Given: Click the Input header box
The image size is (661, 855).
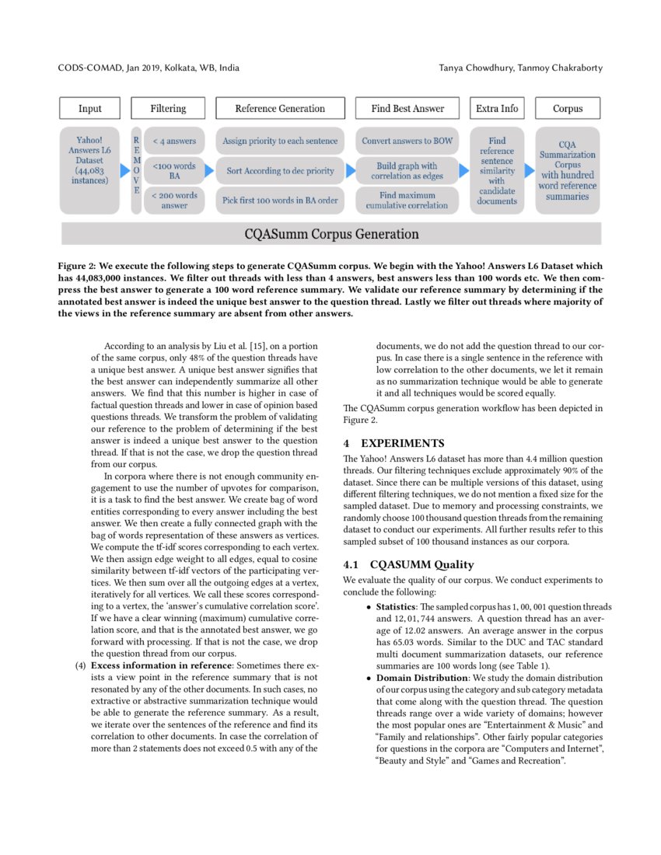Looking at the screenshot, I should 90,109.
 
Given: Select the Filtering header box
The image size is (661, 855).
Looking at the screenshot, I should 168,109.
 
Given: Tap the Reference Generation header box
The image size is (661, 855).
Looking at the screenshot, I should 280,109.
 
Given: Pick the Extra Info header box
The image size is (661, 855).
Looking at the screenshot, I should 497,109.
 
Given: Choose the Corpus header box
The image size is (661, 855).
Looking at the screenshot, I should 568,109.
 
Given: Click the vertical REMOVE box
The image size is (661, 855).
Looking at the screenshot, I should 137,170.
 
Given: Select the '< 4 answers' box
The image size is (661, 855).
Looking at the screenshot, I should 174,141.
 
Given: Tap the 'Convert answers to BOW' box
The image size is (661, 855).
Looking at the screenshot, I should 407,141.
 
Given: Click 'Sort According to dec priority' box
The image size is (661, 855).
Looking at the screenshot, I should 280,171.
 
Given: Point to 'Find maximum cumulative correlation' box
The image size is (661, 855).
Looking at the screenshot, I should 407,201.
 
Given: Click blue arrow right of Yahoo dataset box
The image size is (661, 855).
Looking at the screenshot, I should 124,170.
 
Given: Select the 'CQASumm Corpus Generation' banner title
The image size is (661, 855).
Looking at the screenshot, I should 331,234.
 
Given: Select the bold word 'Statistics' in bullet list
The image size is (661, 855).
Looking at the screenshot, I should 396,607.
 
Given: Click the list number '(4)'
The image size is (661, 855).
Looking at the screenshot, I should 80,666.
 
